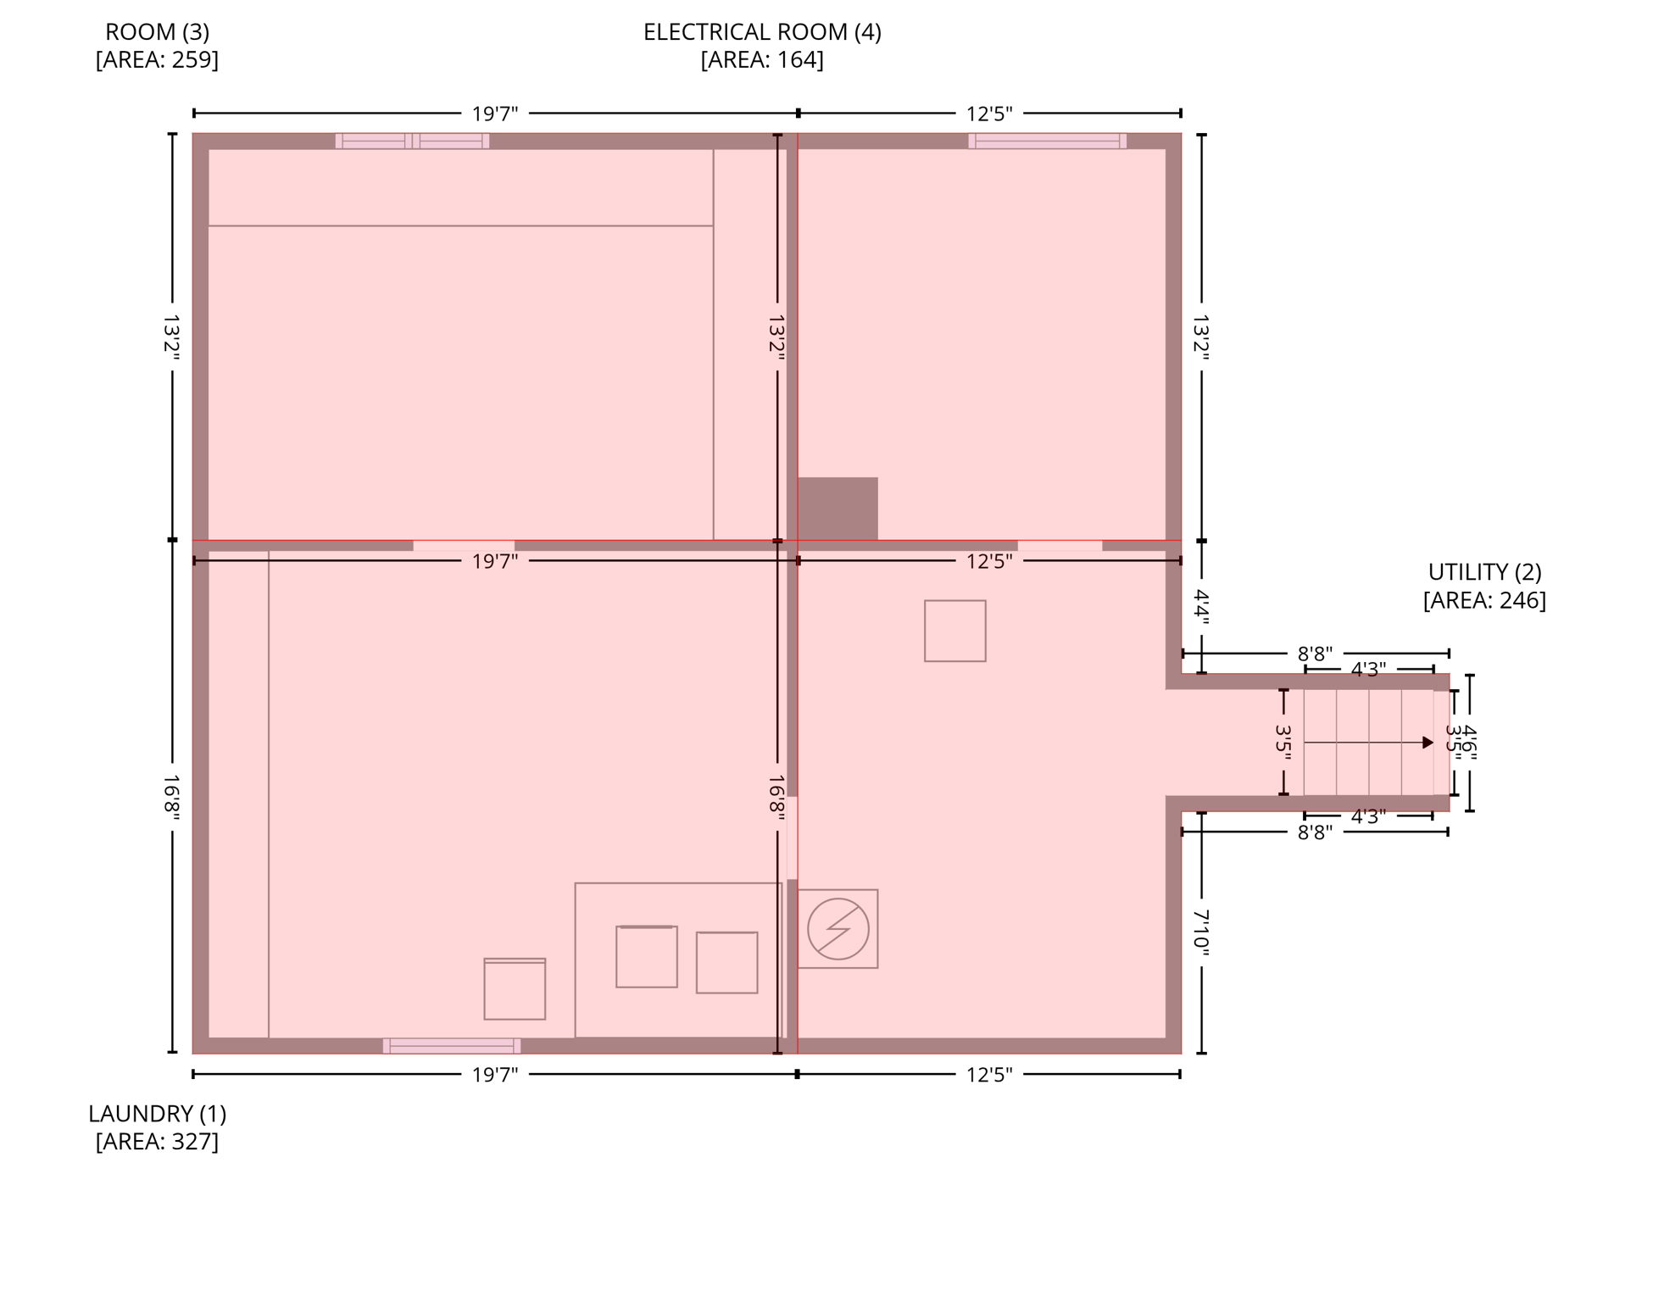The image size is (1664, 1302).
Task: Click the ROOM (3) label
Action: click(157, 32)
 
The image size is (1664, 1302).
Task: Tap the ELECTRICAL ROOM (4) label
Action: click(761, 32)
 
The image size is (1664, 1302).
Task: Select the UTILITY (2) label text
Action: click(1483, 572)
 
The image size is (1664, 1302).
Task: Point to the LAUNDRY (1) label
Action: click(157, 1113)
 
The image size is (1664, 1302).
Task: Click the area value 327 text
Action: click(194, 1142)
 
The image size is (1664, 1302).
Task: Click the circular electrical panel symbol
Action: click(838, 929)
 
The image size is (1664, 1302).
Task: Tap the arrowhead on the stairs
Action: click(1427, 743)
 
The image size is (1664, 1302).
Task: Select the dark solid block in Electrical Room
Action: click(837, 508)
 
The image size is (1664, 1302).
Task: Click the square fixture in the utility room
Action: click(954, 631)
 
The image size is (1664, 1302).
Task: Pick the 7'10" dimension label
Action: click(1200, 932)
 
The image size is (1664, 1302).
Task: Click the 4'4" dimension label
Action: click(1200, 607)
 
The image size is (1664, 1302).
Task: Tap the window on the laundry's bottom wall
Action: click(451, 1045)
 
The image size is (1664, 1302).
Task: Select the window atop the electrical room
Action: click(1047, 141)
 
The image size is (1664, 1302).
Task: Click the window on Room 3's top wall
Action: click(412, 141)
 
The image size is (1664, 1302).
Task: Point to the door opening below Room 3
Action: click(463, 545)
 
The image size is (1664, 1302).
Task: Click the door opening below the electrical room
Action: click(1060, 545)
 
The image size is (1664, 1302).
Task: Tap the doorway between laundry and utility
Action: click(792, 837)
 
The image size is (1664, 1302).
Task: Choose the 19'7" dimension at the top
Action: click(494, 114)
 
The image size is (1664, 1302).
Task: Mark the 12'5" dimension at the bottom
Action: click(988, 1075)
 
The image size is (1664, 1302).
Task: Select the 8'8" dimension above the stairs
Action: click(1314, 654)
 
